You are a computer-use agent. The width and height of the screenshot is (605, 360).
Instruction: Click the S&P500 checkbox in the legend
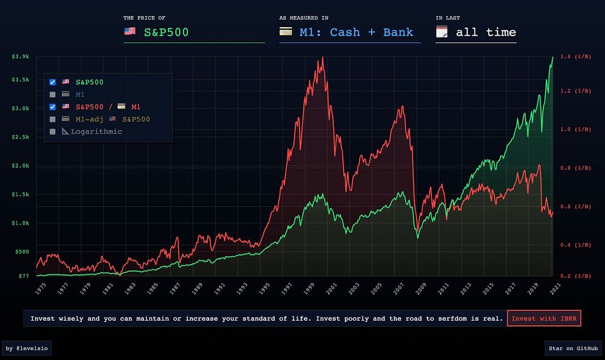pyautogui.click(x=53, y=82)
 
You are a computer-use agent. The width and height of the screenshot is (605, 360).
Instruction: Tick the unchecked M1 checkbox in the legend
pyautogui.click(x=53, y=94)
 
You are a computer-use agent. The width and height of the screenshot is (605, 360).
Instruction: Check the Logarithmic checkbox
pyautogui.click(x=53, y=131)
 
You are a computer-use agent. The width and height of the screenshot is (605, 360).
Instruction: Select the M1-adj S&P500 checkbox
pyautogui.click(x=53, y=119)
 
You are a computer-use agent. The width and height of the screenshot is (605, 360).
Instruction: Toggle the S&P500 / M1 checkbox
pyautogui.click(x=53, y=106)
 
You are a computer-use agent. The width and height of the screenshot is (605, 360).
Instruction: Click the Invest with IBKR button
pyautogui.click(x=544, y=318)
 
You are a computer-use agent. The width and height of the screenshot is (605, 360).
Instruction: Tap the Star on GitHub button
pyautogui.click(x=572, y=348)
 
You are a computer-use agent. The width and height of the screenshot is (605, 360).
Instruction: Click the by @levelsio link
pyautogui.click(x=26, y=348)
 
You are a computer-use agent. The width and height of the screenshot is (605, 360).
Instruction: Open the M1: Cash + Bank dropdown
pyautogui.click(x=350, y=33)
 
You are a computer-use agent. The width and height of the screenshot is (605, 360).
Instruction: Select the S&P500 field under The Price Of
pyautogui.click(x=194, y=33)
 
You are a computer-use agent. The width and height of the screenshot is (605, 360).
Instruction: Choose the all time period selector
pyautogui.click(x=476, y=33)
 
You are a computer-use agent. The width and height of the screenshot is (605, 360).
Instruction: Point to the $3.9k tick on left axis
pyautogui.click(x=19, y=57)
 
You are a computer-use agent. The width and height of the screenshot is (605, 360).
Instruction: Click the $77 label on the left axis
pyautogui.click(x=21, y=277)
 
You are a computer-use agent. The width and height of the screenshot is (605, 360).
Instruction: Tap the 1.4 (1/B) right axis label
pyautogui.click(x=578, y=57)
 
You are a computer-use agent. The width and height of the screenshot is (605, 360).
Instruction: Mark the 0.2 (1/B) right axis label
pyautogui.click(x=578, y=277)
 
